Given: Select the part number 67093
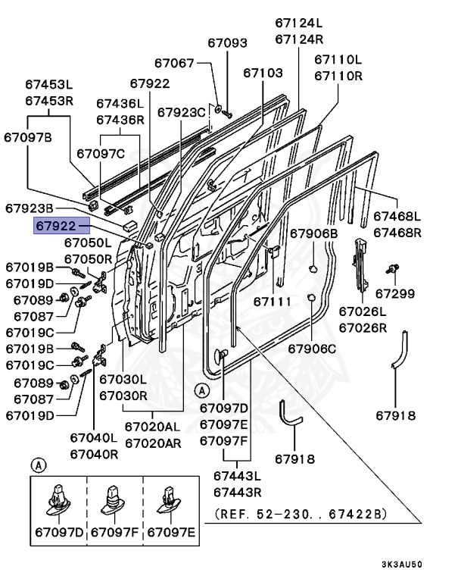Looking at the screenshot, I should click(x=227, y=44).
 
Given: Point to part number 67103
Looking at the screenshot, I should click(x=263, y=73).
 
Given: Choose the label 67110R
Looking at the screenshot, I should click(x=338, y=76).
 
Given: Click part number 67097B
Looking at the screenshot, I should click(x=28, y=137).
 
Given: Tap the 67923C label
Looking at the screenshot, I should click(x=182, y=112).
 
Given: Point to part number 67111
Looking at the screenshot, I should click(x=272, y=302).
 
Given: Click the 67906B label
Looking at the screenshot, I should click(x=313, y=233).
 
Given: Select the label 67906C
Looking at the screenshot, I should click(x=313, y=348).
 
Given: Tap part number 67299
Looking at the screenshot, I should click(x=394, y=293).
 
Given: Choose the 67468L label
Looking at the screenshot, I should click(x=397, y=217).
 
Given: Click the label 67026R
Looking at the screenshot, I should click(x=362, y=327).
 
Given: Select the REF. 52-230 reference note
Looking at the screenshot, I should click(x=301, y=514).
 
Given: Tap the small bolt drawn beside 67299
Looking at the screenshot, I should click(x=393, y=268).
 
